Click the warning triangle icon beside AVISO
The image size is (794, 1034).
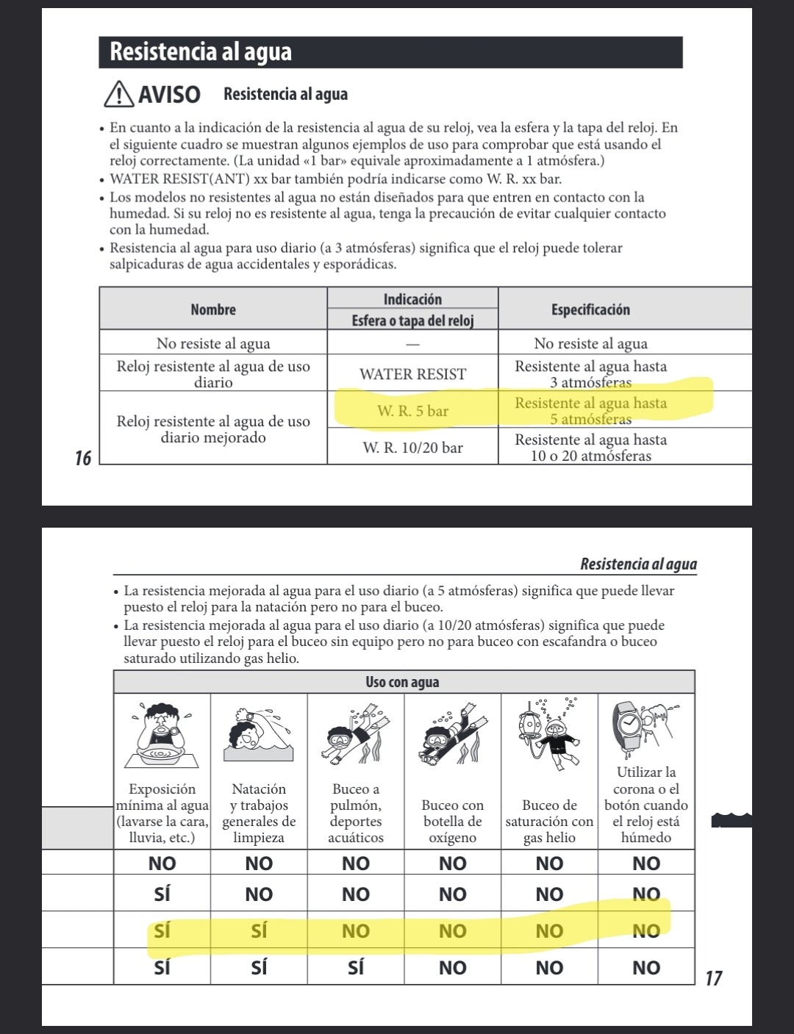[x=118, y=95]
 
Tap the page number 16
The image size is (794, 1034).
[x=83, y=459]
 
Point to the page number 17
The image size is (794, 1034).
[x=713, y=978]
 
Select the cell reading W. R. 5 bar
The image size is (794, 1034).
[x=412, y=411]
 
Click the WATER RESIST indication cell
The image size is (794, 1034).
[x=412, y=374]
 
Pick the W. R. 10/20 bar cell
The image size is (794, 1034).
[x=412, y=448]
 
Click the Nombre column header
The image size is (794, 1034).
[x=213, y=309]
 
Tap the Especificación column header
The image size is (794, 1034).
[x=590, y=309]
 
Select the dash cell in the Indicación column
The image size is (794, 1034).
[x=412, y=343]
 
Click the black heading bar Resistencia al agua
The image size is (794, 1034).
[x=390, y=52]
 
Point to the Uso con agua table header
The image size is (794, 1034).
[x=403, y=682]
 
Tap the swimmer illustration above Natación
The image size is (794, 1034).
[x=257, y=735]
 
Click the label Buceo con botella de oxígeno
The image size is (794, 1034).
[x=452, y=822]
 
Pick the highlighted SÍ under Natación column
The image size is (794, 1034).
[x=259, y=931]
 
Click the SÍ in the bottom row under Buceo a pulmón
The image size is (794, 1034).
[x=356, y=968]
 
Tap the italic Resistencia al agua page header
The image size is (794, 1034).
[x=638, y=564]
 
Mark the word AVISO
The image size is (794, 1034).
[x=169, y=95]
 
